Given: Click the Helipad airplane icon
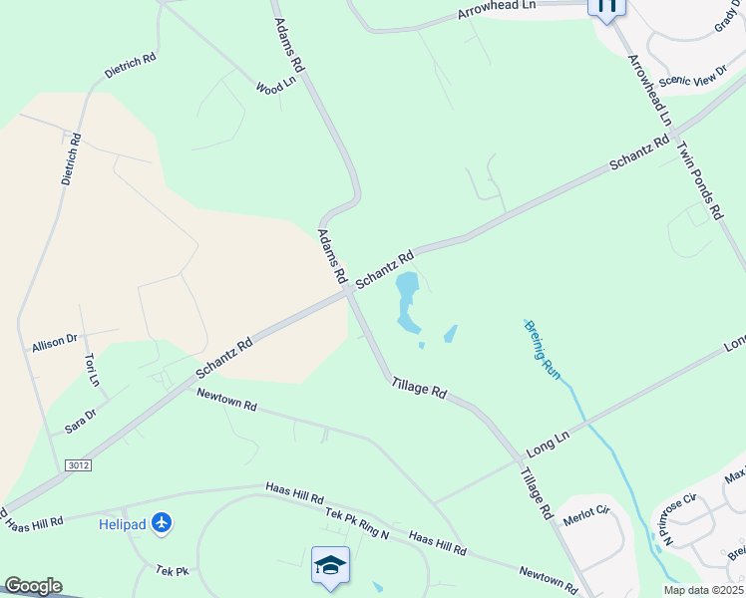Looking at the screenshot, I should [163, 522].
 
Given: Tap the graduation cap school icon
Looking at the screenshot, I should [331, 565].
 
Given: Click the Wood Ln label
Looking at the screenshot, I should [276, 87].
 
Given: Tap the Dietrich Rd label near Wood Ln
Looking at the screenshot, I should [131, 67].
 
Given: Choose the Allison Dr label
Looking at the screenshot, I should [54, 343].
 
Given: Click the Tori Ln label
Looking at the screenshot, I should [92, 370].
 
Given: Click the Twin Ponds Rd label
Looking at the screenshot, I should [698, 179].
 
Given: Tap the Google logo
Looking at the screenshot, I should [33, 586].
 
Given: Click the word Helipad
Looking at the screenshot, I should [123, 523].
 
